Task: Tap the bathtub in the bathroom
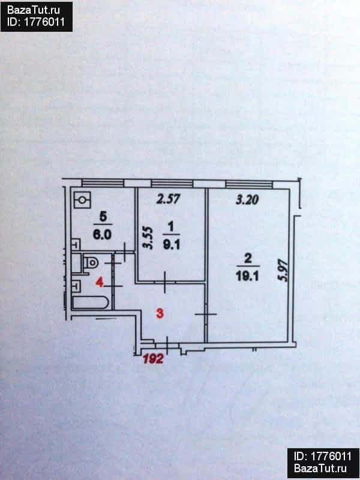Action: (91, 302)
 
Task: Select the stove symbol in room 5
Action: (82, 200)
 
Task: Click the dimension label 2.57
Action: (168, 199)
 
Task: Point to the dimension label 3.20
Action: (247, 200)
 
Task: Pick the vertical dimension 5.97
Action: (283, 271)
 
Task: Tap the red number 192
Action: (153, 359)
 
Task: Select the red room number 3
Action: (160, 313)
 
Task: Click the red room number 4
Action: (99, 282)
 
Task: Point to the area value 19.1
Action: (247, 277)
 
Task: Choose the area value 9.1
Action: (172, 245)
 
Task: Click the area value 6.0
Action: (103, 235)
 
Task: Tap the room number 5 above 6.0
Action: (103, 217)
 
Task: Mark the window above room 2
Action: (249, 184)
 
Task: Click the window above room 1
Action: (172, 184)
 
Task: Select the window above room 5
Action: (103, 183)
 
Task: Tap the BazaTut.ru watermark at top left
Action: (34, 10)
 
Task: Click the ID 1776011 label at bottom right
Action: (323, 457)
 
